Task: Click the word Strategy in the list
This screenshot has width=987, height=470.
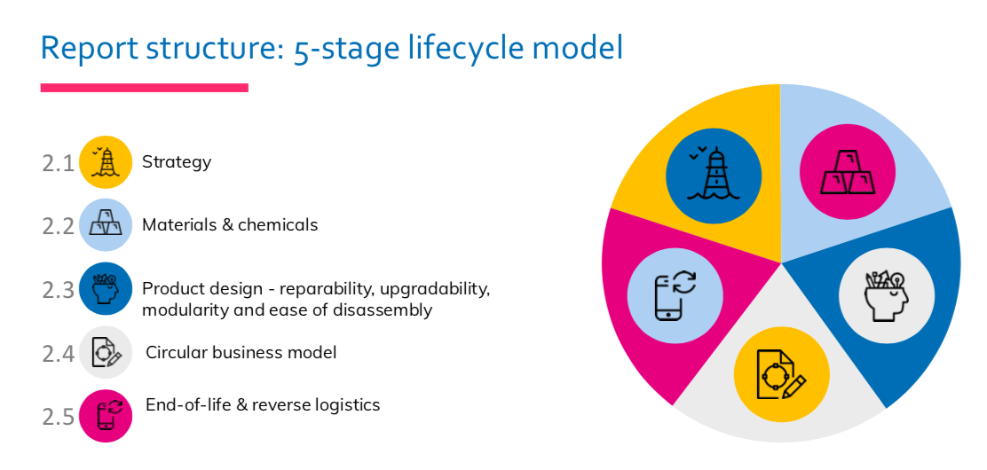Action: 177,162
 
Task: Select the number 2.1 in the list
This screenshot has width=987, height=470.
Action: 58,164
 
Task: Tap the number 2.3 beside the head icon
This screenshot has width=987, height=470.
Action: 58,290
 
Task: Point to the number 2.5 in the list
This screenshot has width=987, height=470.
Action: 58,416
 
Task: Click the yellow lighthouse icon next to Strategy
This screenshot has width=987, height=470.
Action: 106,162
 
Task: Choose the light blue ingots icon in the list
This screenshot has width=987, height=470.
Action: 106,225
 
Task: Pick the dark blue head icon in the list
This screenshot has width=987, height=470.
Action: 106,289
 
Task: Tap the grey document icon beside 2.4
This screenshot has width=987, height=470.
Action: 106,352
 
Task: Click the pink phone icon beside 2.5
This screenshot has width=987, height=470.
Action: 106,415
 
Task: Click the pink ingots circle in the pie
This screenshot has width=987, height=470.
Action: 847,172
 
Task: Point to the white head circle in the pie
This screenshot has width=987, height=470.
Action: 887,295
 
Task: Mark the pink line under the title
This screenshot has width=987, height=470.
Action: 145,88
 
